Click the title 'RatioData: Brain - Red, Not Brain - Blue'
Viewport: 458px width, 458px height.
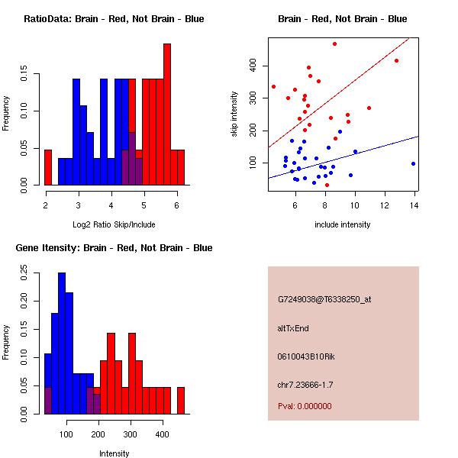[x=114, y=19]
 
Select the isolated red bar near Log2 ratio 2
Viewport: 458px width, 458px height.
[x=48, y=167]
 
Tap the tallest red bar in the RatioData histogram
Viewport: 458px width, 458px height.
[x=167, y=114]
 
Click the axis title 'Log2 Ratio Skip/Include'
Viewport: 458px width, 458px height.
[x=114, y=224]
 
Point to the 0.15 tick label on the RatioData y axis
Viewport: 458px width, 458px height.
[x=24, y=73]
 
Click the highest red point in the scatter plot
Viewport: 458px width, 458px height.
[x=335, y=44]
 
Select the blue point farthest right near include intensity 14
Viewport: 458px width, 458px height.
[x=413, y=164]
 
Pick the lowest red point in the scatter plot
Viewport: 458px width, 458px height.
[x=327, y=185]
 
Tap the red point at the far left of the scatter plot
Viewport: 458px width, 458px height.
[x=273, y=87]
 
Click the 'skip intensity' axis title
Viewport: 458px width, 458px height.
[x=234, y=114]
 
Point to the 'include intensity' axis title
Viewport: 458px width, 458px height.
[x=342, y=224]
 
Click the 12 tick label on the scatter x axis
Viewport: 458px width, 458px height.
[x=385, y=205]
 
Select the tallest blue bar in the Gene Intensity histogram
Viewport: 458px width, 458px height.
[x=62, y=343]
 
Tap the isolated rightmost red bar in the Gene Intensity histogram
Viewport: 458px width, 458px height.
[x=181, y=401]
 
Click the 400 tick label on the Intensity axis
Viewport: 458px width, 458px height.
[x=162, y=434]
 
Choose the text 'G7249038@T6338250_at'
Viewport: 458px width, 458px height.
[x=324, y=299]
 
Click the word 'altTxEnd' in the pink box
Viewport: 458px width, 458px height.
[x=293, y=328]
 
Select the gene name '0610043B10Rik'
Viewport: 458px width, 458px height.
[x=306, y=356]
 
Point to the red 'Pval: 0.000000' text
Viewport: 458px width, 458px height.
[x=305, y=406]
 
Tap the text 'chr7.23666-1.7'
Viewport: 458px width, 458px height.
[x=305, y=385]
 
